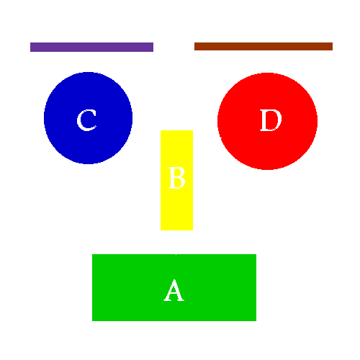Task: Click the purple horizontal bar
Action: coord(91,47)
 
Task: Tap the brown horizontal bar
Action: coord(264,46)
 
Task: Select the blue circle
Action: coord(88,118)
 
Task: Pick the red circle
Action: coord(267,121)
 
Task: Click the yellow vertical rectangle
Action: coord(176,180)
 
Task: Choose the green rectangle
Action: coord(174,287)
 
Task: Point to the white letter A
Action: coord(174,290)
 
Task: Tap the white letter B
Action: coord(177,178)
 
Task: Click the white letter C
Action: coord(87,120)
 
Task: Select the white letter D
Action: coord(271,120)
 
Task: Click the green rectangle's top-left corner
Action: coord(92,254)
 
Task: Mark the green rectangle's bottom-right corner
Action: coord(256,321)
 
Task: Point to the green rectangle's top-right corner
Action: coord(256,254)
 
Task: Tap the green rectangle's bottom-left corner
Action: coord(92,321)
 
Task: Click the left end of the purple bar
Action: coord(30,47)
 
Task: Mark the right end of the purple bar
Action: coord(153,47)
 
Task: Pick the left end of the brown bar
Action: coord(194,46)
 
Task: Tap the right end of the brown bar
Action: coord(333,46)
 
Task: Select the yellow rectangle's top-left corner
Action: coord(161,130)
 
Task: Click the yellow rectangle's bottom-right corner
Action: coord(193,230)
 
